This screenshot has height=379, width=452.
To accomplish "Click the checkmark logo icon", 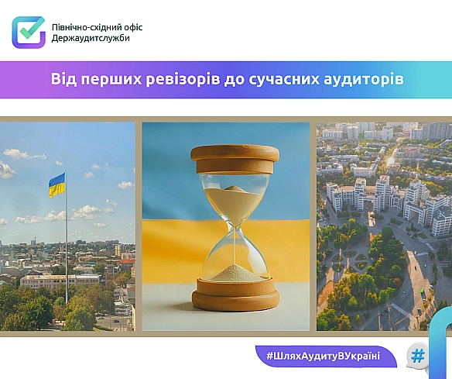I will click(x=29, y=32).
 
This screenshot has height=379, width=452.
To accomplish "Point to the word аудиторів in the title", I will click(x=367, y=79).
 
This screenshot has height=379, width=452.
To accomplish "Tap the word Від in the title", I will click(x=63, y=79).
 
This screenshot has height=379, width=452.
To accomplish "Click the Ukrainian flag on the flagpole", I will click(x=57, y=184).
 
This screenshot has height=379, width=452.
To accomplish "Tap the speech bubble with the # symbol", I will click(x=419, y=356).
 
